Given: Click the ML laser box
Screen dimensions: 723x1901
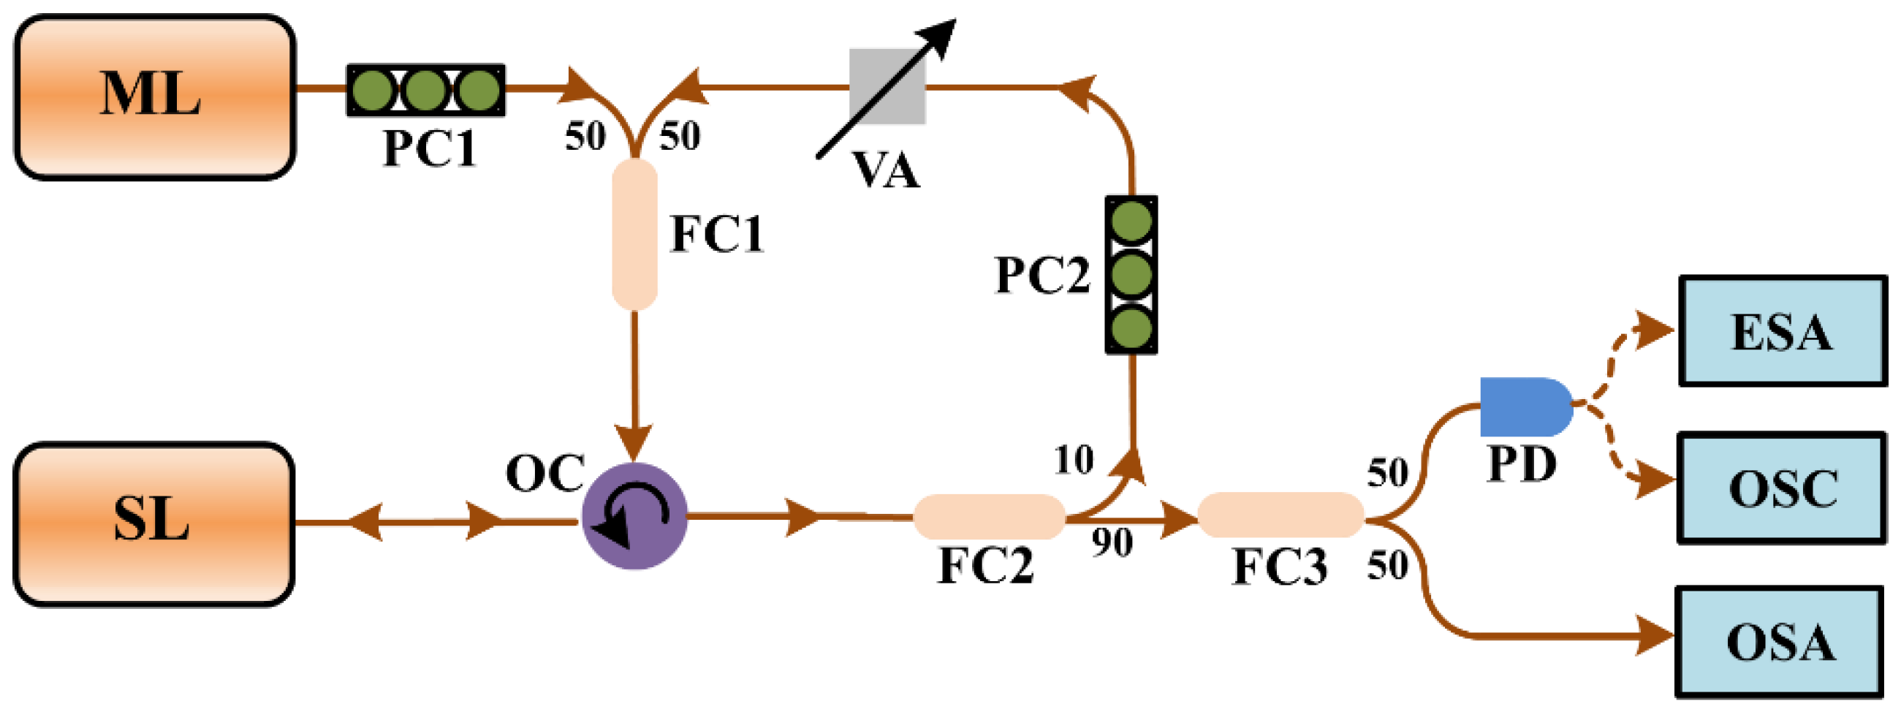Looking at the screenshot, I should (x=155, y=96).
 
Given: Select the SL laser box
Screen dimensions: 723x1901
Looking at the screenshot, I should (x=153, y=523).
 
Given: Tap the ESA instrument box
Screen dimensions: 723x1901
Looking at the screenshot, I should (x=1781, y=331).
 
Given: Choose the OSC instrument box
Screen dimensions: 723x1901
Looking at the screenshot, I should (x=1781, y=488).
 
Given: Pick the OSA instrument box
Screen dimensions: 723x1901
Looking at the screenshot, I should (x=1778, y=641).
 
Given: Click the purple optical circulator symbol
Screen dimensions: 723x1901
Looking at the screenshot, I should (x=634, y=515).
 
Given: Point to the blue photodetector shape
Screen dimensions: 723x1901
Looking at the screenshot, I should (x=1525, y=407).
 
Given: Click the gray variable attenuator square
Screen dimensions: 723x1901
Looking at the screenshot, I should (x=887, y=86).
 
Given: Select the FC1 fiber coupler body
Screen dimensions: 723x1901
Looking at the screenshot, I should (x=634, y=234).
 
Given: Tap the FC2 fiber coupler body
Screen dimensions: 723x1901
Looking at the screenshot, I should (x=989, y=516).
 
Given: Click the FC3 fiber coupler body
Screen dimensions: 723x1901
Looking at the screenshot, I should (x=1280, y=514).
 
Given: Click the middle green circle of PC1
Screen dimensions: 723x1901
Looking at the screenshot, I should (x=425, y=90).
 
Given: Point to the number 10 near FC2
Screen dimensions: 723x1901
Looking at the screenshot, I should (x=1073, y=461).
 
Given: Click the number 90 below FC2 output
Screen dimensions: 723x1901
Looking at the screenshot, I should (x=1112, y=544).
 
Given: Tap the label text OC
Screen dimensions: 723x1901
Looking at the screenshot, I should (x=545, y=473).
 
